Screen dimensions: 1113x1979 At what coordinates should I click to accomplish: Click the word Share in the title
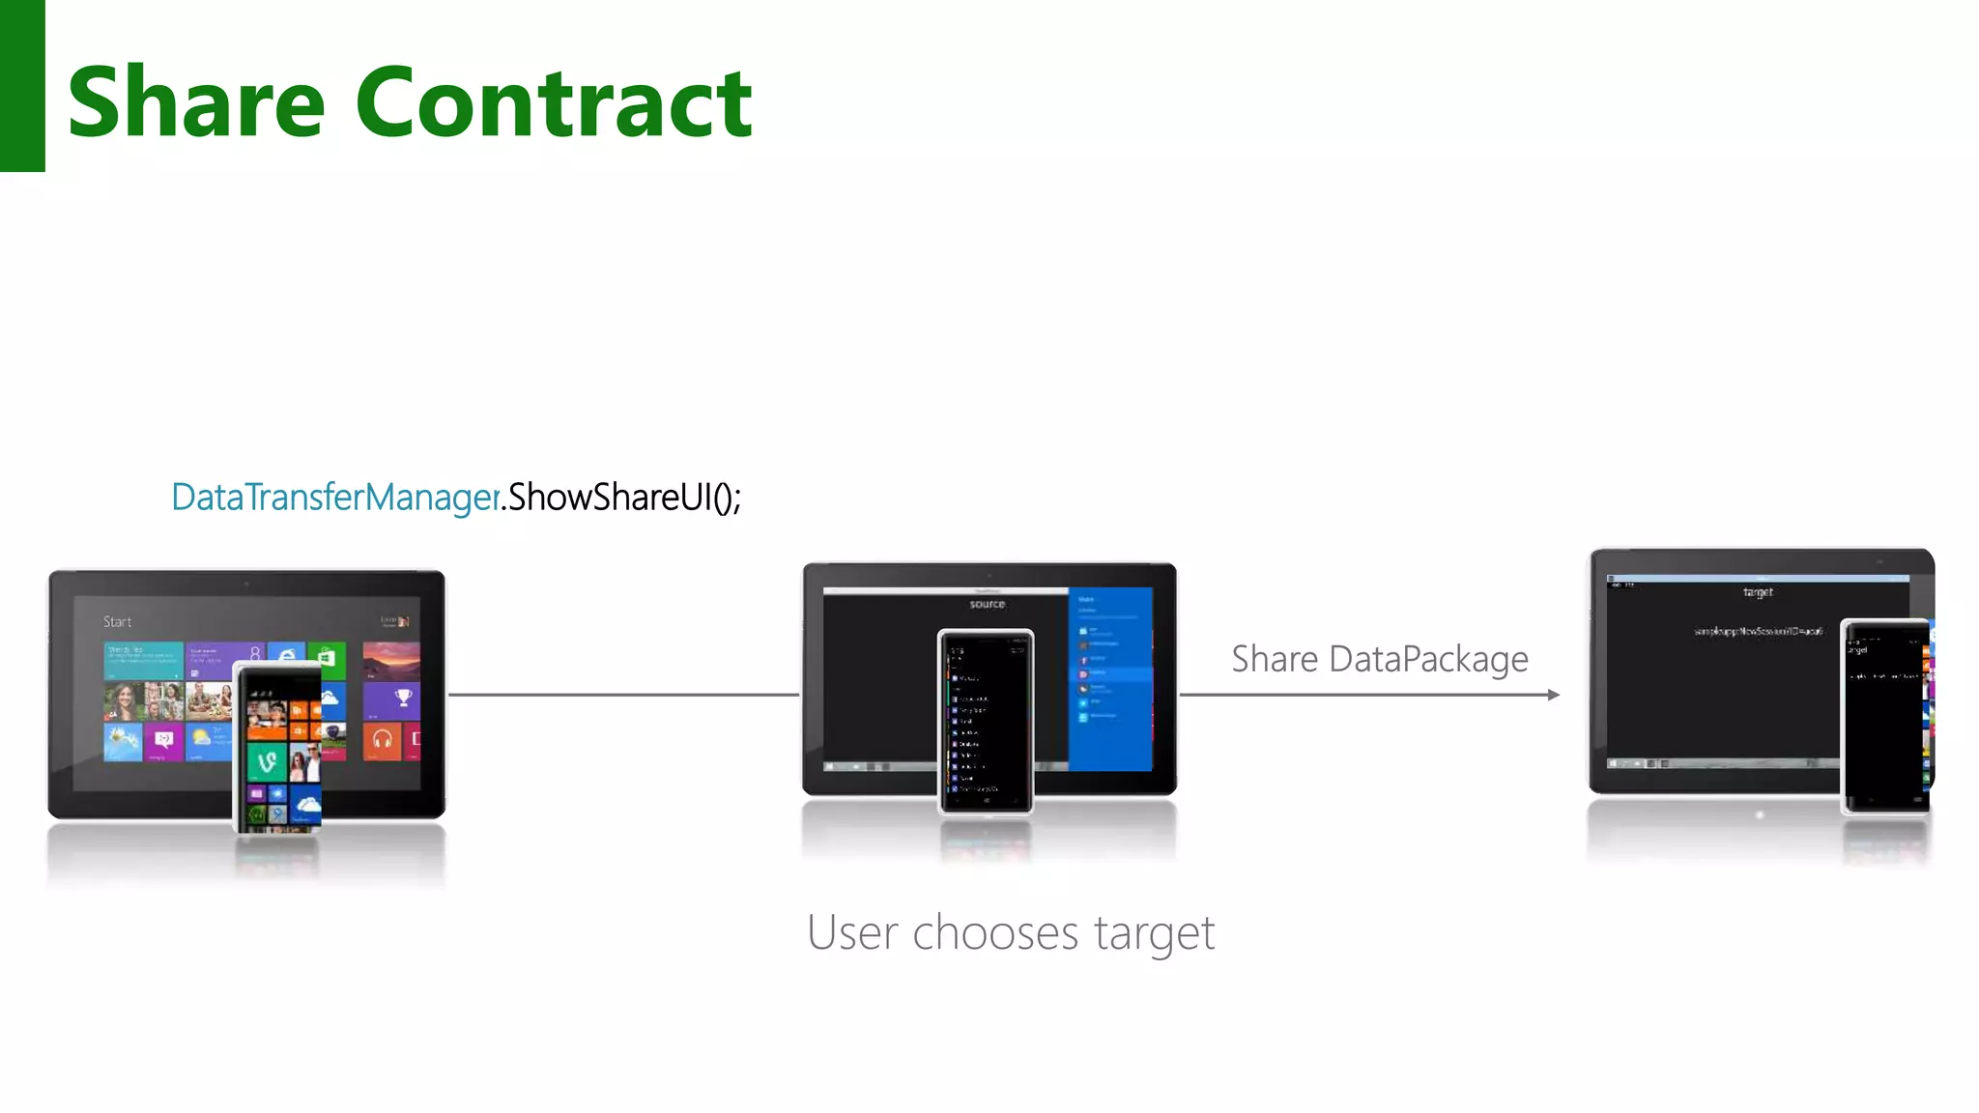[x=196, y=101]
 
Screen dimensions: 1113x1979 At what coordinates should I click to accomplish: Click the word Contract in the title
[x=554, y=101]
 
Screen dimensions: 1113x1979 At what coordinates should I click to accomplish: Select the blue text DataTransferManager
[x=335, y=498]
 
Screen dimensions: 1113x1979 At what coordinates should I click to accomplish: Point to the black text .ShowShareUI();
[x=623, y=498]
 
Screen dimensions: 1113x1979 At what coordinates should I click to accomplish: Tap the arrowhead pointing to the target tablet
[x=1553, y=695]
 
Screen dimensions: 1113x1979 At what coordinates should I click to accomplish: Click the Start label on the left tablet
[x=118, y=622]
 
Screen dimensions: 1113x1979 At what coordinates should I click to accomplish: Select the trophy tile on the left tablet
[x=403, y=699]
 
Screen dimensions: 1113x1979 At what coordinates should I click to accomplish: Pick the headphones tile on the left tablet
[x=383, y=741]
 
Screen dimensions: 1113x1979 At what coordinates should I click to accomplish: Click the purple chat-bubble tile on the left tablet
[x=163, y=741]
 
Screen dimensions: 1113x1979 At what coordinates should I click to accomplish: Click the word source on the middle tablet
[x=987, y=605]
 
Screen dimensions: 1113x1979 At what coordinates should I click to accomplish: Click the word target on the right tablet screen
[x=1758, y=592]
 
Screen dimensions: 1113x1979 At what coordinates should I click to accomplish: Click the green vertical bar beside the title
[x=22, y=86]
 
